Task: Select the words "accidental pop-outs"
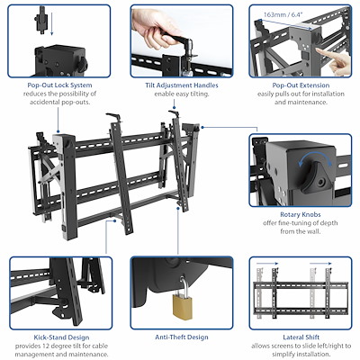[58, 102]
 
